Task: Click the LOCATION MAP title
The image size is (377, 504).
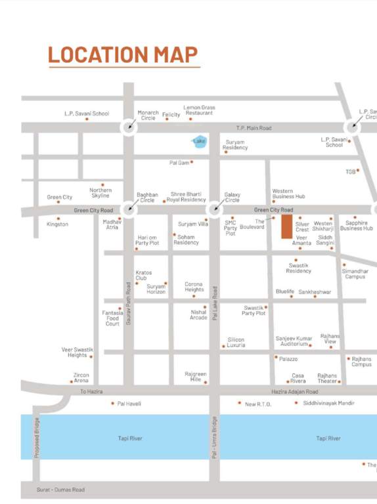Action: pos(123,54)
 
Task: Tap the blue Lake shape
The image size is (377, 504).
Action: pos(198,141)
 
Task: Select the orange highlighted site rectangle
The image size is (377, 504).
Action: pos(286,226)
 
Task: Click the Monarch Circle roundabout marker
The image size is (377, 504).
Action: pos(129,127)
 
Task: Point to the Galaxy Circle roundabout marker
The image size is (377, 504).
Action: pos(214,210)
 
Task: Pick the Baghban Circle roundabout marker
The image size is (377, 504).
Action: pos(129,210)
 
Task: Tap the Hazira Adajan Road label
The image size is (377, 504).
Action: pos(294,391)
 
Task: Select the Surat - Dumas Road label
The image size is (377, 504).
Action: pos(62,490)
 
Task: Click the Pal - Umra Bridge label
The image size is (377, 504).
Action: pos(214,438)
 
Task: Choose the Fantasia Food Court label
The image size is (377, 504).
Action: pos(112,318)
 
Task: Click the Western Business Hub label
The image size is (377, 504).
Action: pos(288,194)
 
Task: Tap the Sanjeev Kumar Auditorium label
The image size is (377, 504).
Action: pos(294,341)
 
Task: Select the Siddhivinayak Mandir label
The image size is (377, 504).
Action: pos(329,403)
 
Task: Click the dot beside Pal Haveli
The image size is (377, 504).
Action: pos(112,404)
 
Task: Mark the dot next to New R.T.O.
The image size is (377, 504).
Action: pos(239,404)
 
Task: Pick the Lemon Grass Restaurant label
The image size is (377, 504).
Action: pos(199,110)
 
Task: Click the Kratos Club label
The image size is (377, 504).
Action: pos(143,275)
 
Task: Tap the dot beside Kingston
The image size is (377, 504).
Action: pos(58,219)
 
